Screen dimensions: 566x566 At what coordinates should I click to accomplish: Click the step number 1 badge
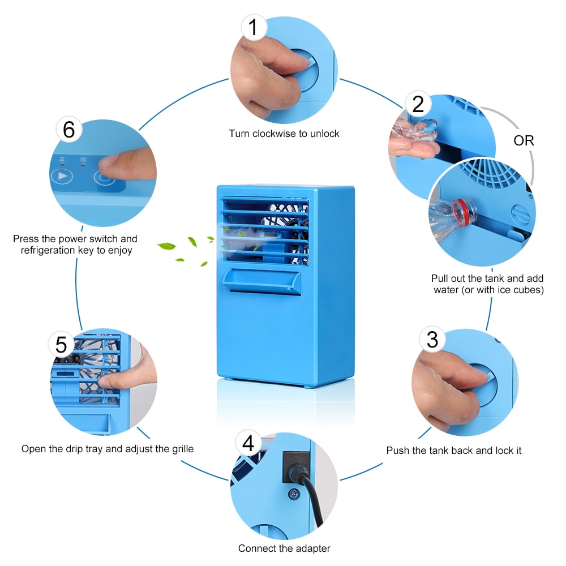pyautogui.click(x=254, y=27)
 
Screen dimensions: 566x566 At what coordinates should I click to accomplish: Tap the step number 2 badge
pyautogui.click(x=418, y=104)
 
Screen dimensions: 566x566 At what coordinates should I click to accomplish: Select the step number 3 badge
pyautogui.click(x=432, y=339)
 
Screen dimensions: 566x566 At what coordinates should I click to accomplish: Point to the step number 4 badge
pyautogui.click(x=248, y=443)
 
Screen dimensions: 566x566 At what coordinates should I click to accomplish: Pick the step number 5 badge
pyautogui.click(x=61, y=344)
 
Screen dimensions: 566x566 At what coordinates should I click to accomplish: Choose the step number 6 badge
pyautogui.click(x=69, y=129)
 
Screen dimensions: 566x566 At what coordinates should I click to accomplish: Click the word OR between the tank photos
pyautogui.click(x=524, y=140)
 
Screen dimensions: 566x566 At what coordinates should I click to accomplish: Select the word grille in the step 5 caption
pyautogui.click(x=183, y=449)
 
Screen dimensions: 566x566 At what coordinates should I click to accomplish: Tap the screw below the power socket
pyautogui.click(x=293, y=494)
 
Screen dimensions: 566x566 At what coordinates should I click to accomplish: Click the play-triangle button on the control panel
pyautogui.click(x=62, y=176)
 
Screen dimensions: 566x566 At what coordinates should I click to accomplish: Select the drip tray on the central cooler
pyautogui.click(x=261, y=281)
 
